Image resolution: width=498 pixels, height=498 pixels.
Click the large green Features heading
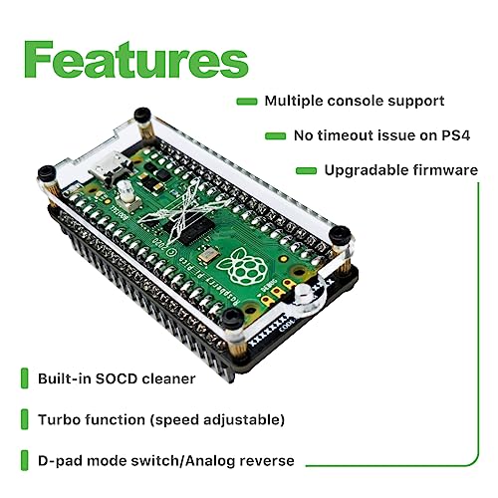click(x=136, y=60)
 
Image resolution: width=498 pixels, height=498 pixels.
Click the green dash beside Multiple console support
click(x=247, y=102)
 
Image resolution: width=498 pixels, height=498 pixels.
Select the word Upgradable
click(x=367, y=170)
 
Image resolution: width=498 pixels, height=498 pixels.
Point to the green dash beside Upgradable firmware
click(x=306, y=170)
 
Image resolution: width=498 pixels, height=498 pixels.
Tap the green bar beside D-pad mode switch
click(x=25, y=460)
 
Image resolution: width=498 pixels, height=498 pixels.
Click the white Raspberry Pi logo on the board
click(x=241, y=266)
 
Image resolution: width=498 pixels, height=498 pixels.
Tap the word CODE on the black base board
click(x=287, y=325)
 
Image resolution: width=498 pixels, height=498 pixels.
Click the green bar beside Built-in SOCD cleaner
click(x=25, y=378)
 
